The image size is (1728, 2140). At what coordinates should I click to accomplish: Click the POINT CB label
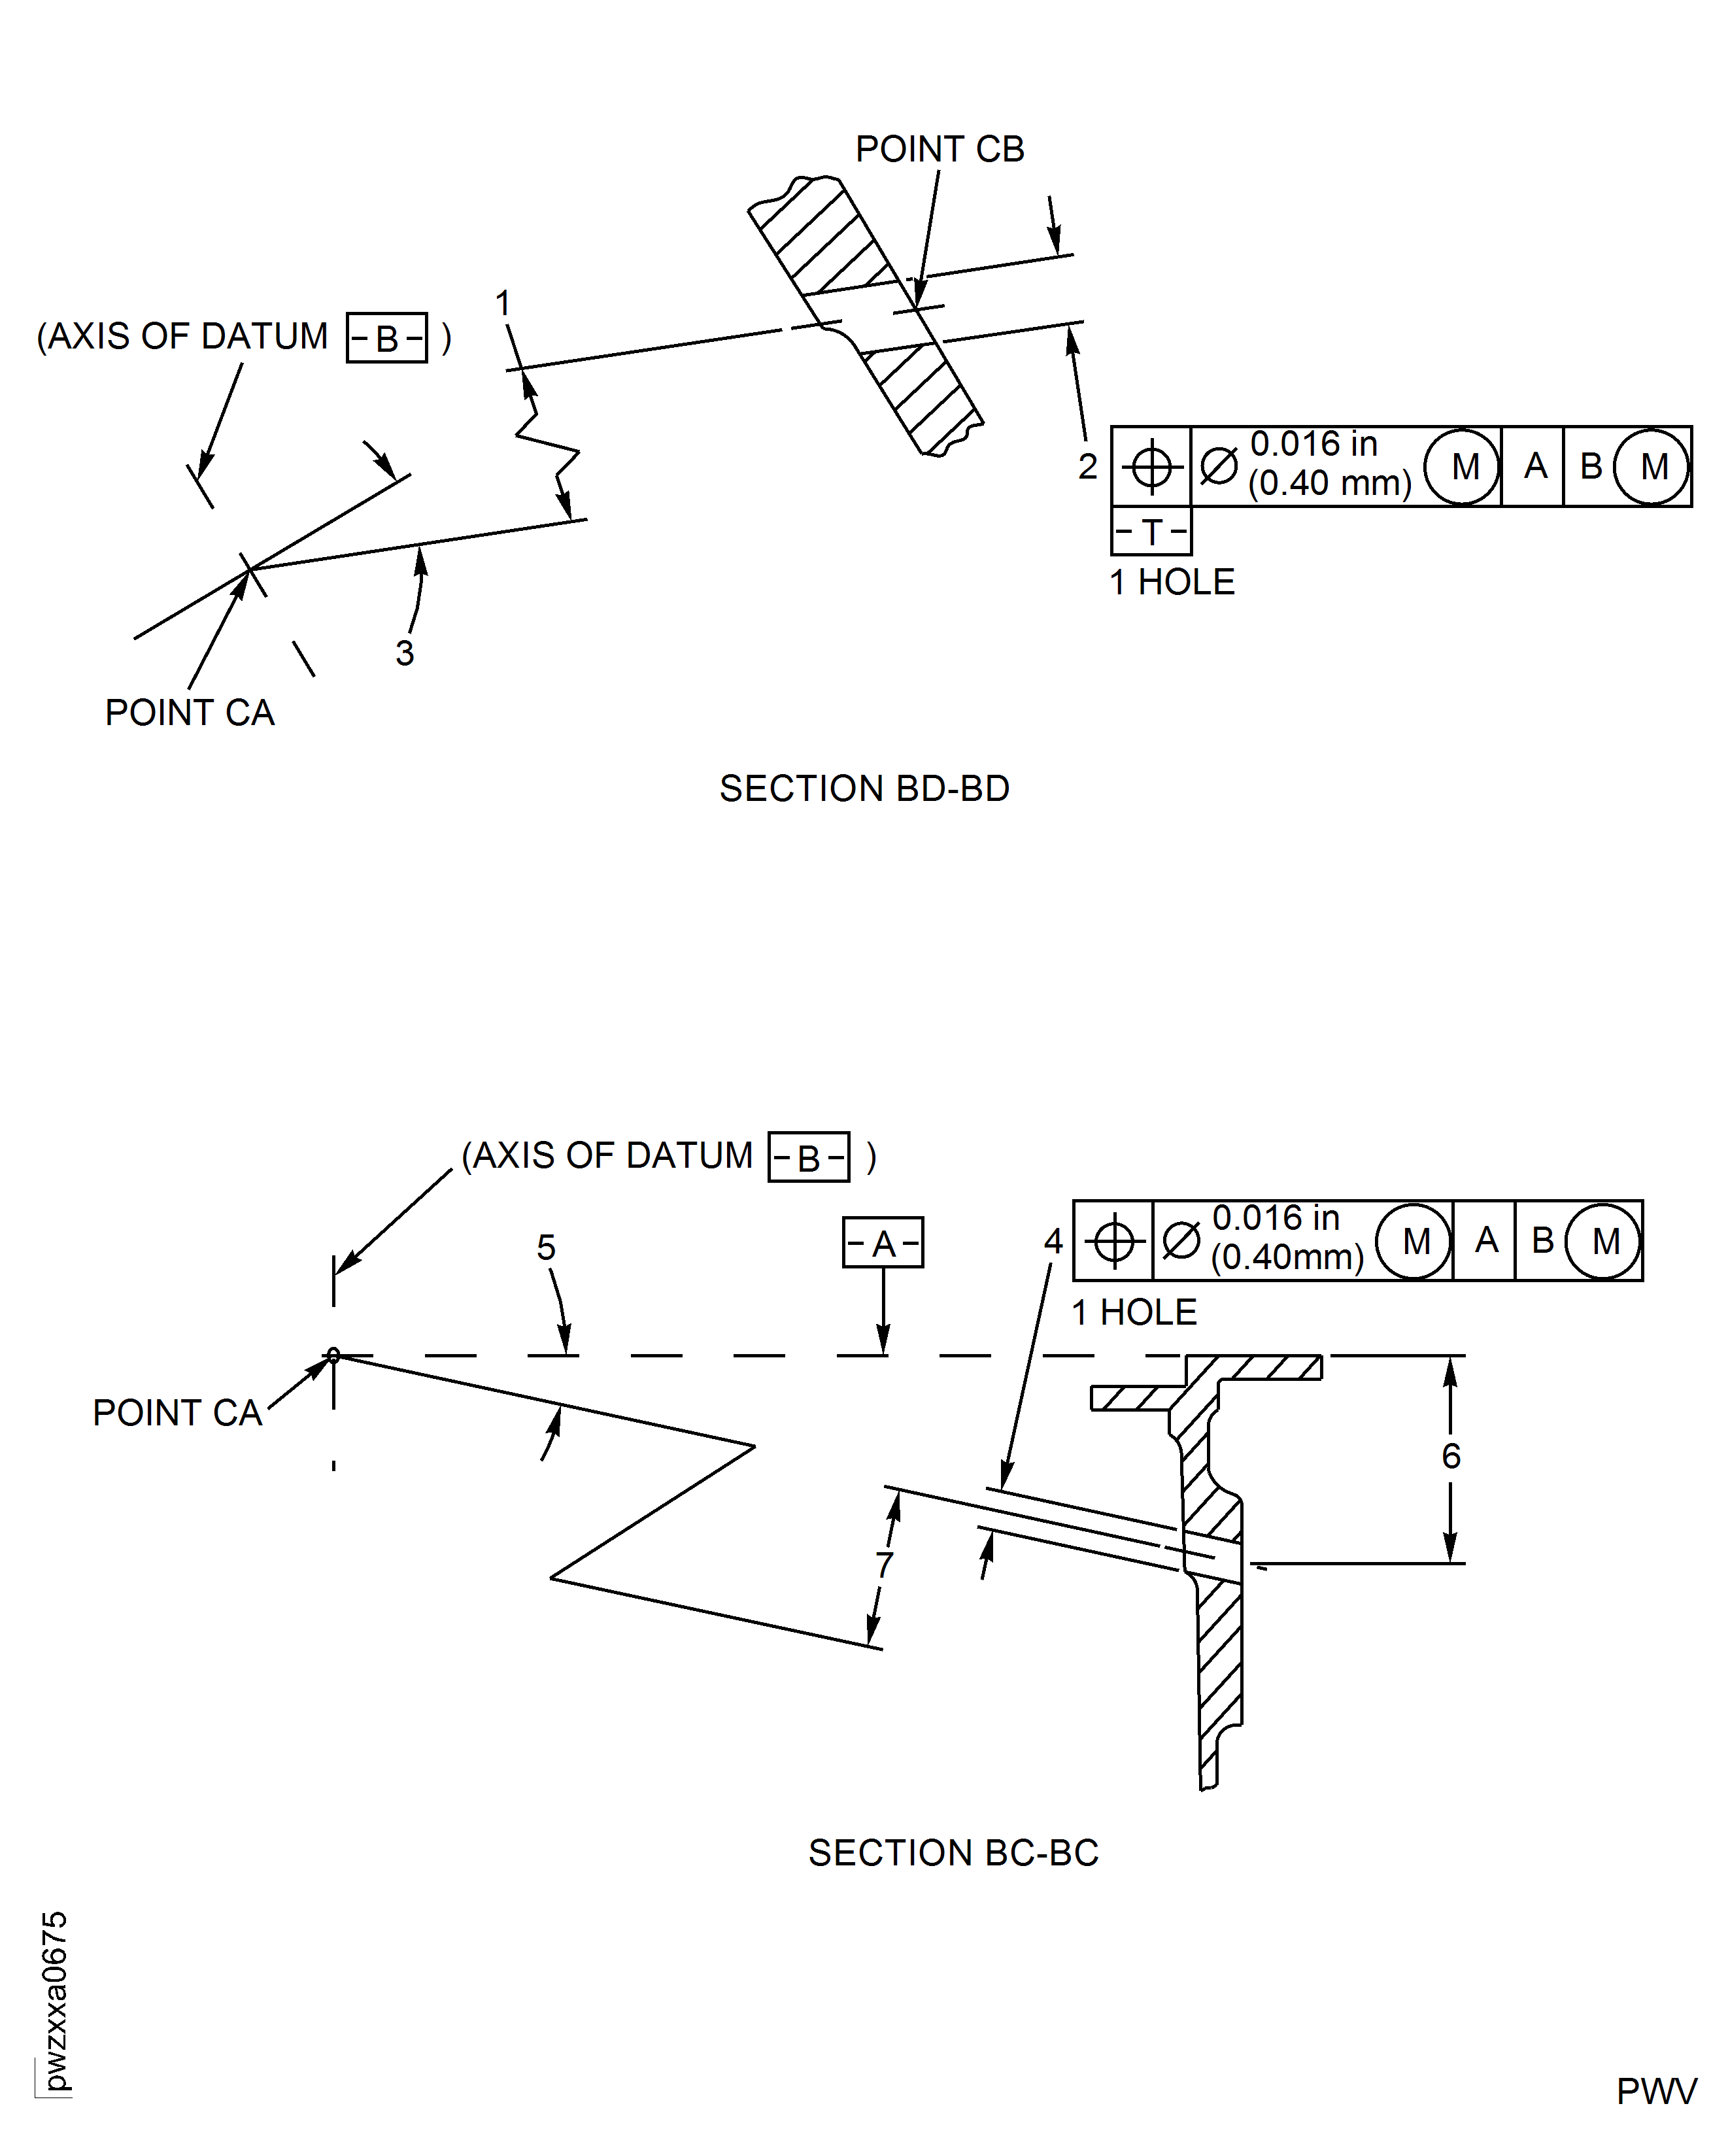click(x=940, y=149)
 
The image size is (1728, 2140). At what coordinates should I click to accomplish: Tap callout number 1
click(x=503, y=303)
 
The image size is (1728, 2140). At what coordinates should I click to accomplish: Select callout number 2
click(x=1087, y=466)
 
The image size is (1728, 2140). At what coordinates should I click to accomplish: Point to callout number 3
click(x=404, y=653)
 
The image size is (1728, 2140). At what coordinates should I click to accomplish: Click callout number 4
click(x=1053, y=1240)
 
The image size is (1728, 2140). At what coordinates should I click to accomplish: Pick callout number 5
click(x=545, y=1247)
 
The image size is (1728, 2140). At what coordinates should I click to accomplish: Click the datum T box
click(x=1151, y=532)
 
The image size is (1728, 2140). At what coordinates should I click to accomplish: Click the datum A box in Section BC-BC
click(x=883, y=1242)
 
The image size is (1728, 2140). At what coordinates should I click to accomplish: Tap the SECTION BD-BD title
click(x=864, y=789)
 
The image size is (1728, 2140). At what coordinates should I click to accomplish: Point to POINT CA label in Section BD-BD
click(x=189, y=713)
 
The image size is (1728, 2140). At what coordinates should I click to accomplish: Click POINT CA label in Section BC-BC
click(x=177, y=1412)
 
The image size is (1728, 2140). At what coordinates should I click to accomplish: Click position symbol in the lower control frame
click(x=1114, y=1241)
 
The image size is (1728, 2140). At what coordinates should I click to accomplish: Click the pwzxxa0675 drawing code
click(x=55, y=2001)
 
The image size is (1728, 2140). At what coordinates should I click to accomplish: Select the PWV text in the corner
click(x=1655, y=2091)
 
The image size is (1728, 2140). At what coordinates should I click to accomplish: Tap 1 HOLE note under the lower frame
click(x=1134, y=1312)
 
